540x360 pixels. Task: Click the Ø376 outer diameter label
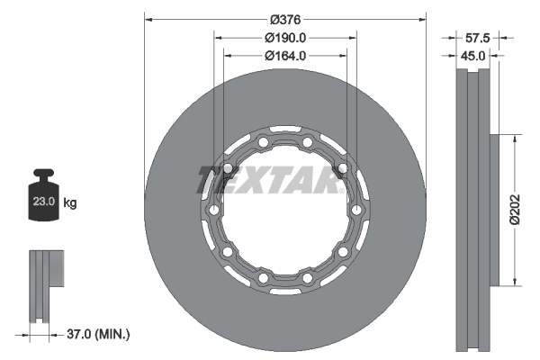286,17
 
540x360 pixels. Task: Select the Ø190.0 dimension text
286,37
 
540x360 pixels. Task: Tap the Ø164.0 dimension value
286,55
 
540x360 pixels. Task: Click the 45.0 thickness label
474,55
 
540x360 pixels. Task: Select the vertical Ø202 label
514,208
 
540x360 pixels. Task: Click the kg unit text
70,204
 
